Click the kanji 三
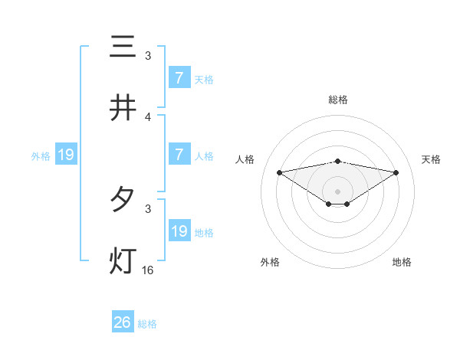click(x=123, y=47)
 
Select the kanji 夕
click(x=123, y=200)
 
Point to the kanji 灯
click(x=123, y=261)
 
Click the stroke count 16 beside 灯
click(x=148, y=270)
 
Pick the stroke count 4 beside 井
click(x=148, y=117)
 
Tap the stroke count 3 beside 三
click(x=148, y=56)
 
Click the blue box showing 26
click(x=123, y=322)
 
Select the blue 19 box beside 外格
click(x=66, y=155)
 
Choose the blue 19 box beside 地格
click(x=179, y=231)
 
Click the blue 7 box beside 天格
click(x=179, y=78)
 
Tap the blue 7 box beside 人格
click(x=179, y=155)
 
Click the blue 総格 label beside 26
click(x=147, y=324)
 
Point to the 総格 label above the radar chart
click(x=337, y=100)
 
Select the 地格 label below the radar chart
click(x=402, y=262)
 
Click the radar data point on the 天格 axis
click(x=396, y=172)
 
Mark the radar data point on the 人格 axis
click(x=279, y=172)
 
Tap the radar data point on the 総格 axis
click(x=337, y=161)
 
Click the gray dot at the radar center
click(x=337, y=191)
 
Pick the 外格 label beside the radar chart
click(x=270, y=262)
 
